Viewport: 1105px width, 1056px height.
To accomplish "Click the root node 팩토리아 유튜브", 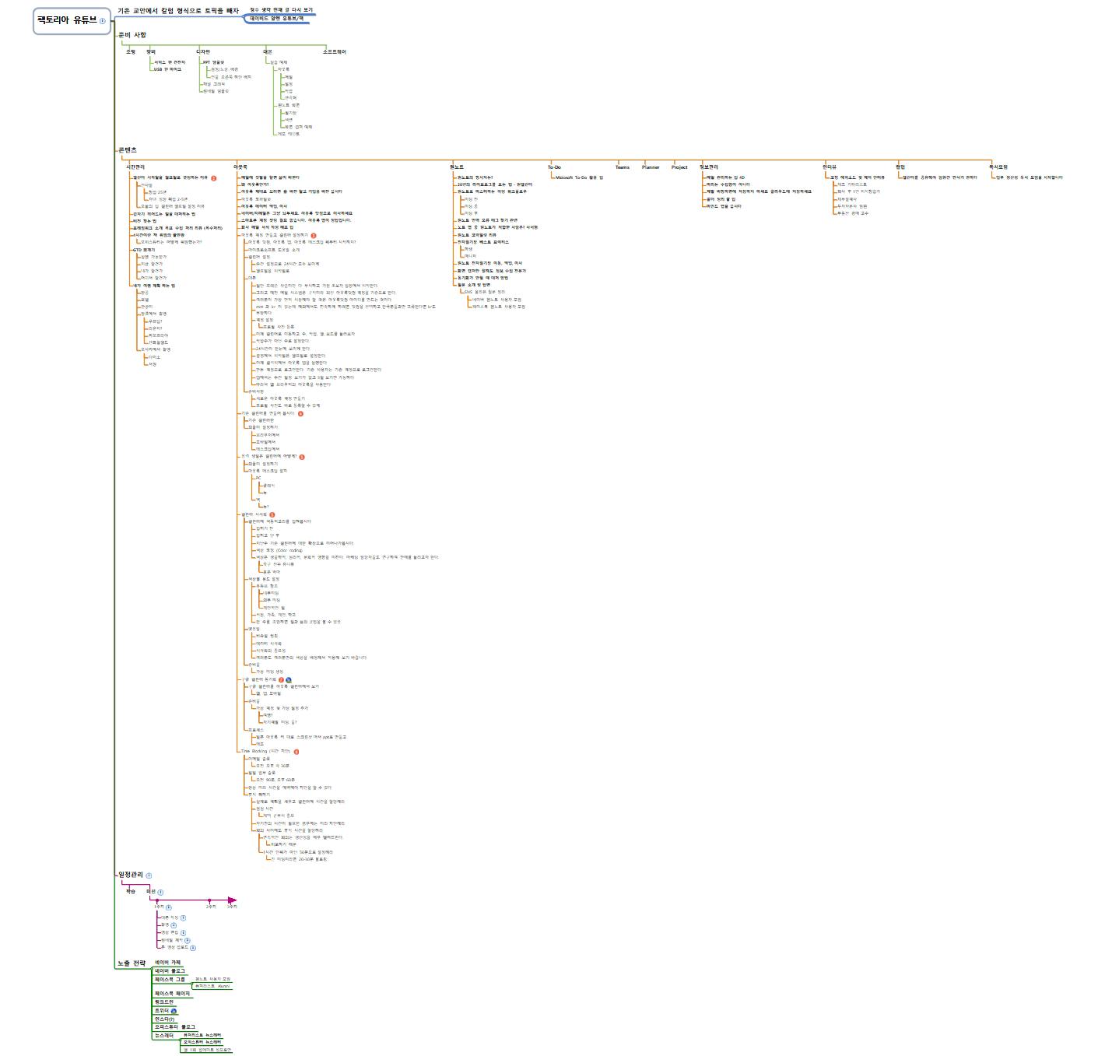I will [x=68, y=20].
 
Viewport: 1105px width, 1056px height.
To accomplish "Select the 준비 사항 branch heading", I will [x=132, y=35].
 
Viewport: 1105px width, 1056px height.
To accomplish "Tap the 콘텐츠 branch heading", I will [x=127, y=150].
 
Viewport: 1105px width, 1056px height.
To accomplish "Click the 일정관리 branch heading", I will [x=130, y=875].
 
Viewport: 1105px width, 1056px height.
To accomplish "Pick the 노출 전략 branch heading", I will [x=132, y=963].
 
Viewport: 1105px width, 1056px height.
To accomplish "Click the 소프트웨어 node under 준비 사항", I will [x=335, y=52].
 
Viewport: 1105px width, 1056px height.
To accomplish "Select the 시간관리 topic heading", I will [x=135, y=167].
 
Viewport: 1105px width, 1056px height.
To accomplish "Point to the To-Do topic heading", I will [x=554, y=167].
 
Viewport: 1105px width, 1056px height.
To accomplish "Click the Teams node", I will [x=623, y=167].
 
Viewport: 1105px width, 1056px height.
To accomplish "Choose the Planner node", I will [x=651, y=167].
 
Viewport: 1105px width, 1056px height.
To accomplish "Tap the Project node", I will [x=679, y=167].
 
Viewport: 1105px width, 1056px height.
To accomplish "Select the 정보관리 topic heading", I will [x=709, y=167].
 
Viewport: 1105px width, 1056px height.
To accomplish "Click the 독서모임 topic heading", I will [x=998, y=167].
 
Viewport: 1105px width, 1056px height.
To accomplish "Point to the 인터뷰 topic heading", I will [x=830, y=167].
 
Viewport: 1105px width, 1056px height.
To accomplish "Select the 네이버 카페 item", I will [x=168, y=963].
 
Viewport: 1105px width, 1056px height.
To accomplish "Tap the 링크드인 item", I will [x=163, y=1002].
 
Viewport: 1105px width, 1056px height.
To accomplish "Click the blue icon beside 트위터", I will [x=174, y=1012].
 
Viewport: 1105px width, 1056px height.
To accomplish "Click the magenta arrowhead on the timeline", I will [x=232, y=900].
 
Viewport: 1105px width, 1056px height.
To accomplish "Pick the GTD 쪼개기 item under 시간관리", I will [x=144, y=250].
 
